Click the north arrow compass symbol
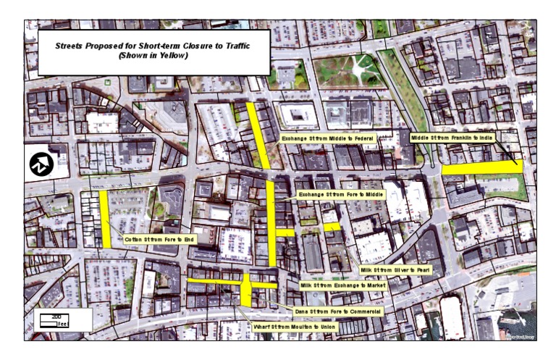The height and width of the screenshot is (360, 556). tap(41, 165)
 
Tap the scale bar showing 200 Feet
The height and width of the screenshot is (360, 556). tap(54, 317)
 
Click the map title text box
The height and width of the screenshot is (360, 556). tap(153, 52)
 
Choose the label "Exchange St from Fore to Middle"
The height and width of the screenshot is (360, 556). tap(340, 195)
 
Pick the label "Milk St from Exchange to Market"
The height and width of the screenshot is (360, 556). tap(343, 285)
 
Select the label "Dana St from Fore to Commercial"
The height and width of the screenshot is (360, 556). tap(337, 311)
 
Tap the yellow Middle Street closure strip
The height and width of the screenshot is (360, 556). tap(481, 167)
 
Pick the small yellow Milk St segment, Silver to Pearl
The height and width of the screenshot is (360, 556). tap(332, 227)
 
